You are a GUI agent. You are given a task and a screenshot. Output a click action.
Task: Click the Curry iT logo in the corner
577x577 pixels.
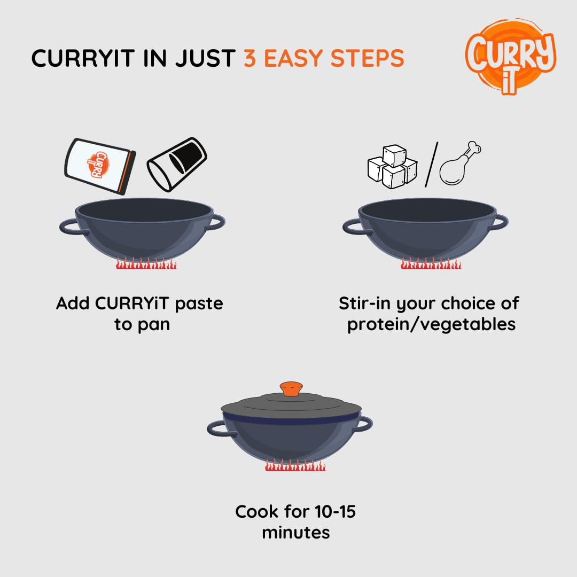510,56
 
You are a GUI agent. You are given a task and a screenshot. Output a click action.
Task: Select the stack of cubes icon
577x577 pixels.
392,166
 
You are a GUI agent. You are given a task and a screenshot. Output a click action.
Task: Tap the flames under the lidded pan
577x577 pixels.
295,466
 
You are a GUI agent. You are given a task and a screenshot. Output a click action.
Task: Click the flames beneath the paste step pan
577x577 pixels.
146,263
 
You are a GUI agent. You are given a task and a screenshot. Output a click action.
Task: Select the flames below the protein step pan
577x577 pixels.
431,263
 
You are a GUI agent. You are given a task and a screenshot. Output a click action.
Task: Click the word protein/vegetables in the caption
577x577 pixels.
431,324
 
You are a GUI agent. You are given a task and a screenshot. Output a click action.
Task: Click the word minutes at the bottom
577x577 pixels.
295,532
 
